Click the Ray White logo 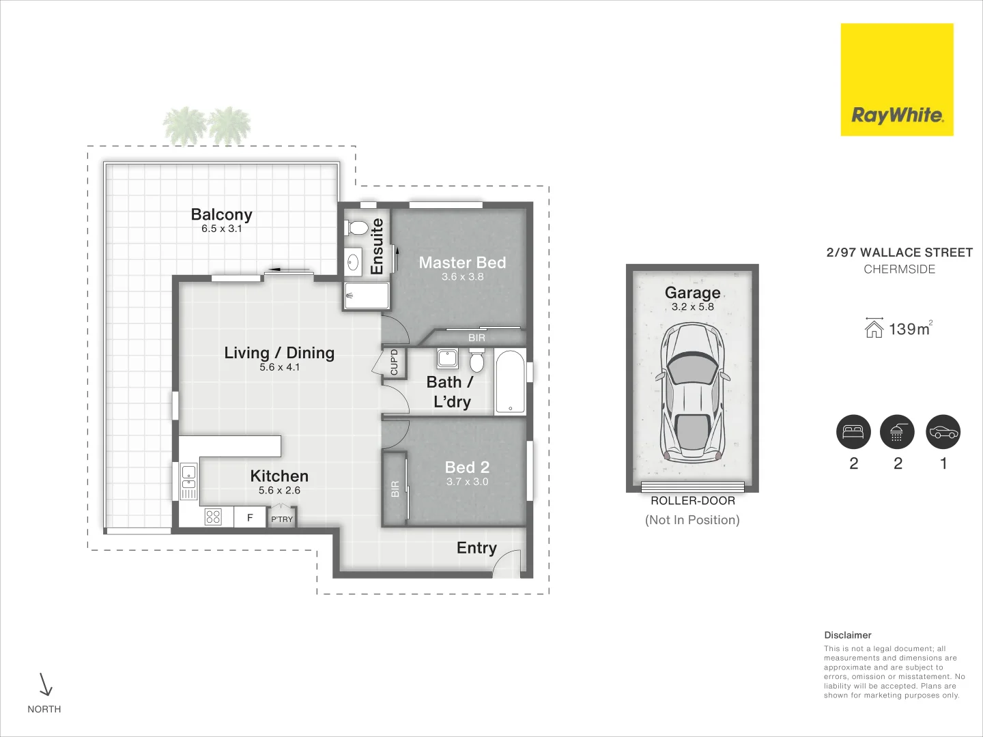pos(896,80)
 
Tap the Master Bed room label pos(462,263)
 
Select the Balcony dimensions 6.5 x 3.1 pos(221,229)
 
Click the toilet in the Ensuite pos(356,227)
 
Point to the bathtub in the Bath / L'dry pos(510,381)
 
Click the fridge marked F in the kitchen pos(250,518)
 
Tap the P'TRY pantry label pos(281,519)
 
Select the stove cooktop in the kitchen pos(213,517)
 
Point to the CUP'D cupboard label pos(394,362)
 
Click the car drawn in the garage pos(692,392)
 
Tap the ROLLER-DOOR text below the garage pos(692,501)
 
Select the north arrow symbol pos(46,684)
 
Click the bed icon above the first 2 pos(853,432)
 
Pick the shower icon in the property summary pos(896,432)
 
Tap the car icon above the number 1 pos(943,432)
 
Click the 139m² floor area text pos(909,330)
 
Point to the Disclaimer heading pos(847,635)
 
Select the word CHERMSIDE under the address pos(899,270)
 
